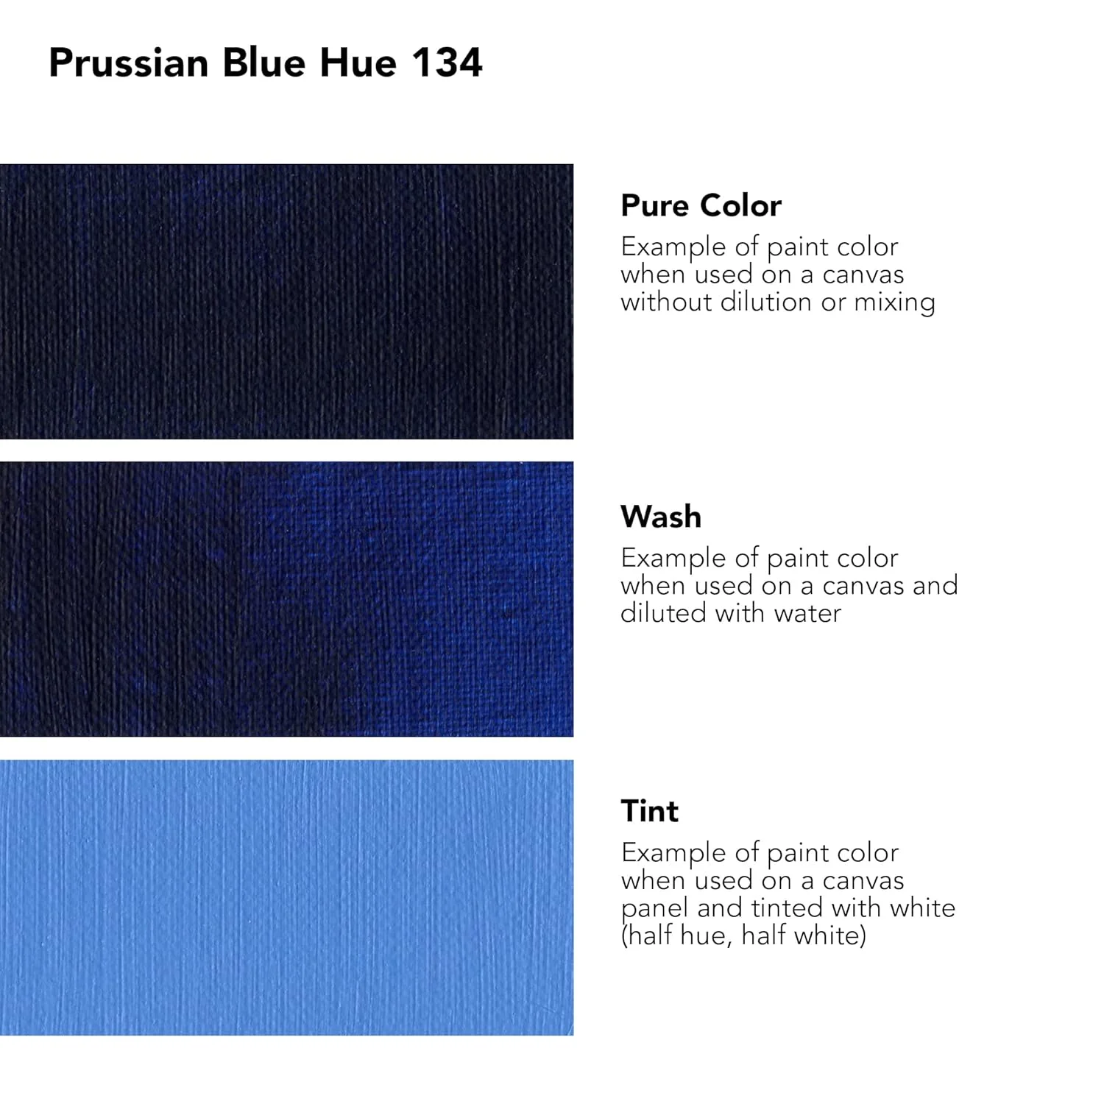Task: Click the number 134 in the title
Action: [x=447, y=62]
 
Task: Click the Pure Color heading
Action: [x=701, y=205]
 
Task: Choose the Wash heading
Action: [x=661, y=517]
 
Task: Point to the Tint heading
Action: [x=650, y=811]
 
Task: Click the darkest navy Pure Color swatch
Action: [x=286, y=301]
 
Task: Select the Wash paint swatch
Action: [x=286, y=599]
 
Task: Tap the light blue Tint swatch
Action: [x=286, y=897]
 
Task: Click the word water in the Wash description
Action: [x=808, y=613]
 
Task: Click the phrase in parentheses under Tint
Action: [x=743, y=935]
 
